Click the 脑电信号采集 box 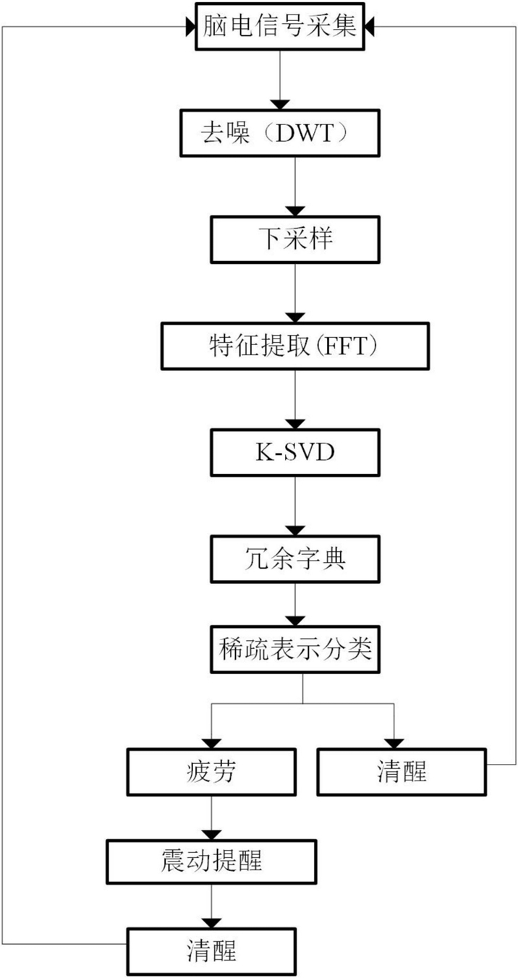(279, 27)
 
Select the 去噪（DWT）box (280, 132)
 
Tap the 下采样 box (295, 239)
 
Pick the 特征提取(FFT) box (295, 346)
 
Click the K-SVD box (295, 452)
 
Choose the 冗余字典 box (295, 559)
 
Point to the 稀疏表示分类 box (295, 650)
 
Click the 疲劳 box (211, 772)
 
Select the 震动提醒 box (211, 862)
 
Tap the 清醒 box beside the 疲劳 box (402, 772)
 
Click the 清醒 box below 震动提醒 (211, 951)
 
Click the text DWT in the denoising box (305, 132)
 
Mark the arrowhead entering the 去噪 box (280, 105)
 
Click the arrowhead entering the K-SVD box (295, 425)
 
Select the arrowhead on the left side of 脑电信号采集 (190, 27)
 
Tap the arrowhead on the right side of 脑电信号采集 (369, 27)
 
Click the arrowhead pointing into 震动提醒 (211, 834)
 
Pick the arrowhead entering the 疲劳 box (211, 744)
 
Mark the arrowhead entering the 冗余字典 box (295, 531)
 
